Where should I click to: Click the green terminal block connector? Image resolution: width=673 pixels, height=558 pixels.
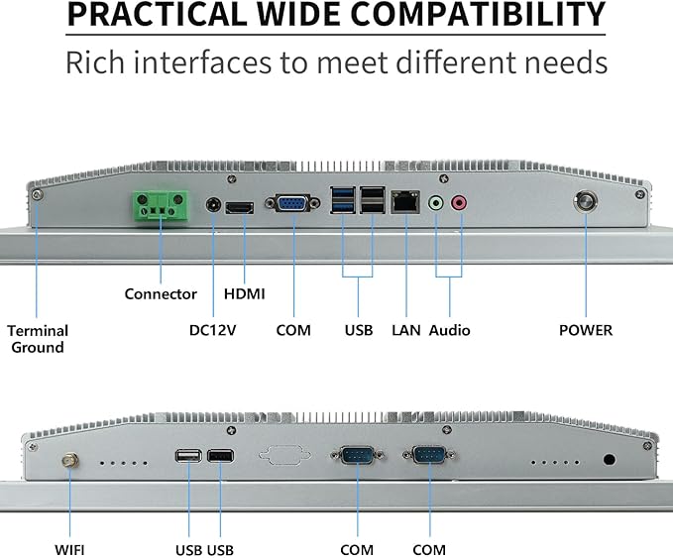click(161, 205)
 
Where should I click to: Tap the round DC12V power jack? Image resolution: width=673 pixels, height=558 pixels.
click(213, 205)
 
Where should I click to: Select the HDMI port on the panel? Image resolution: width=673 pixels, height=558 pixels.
click(240, 208)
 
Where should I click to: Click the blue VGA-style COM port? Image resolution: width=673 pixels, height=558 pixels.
click(292, 203)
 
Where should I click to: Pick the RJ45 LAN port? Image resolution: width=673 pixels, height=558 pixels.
click(405, 202)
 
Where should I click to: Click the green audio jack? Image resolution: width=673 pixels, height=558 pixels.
click(436, 202)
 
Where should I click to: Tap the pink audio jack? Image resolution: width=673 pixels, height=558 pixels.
click(459, 202)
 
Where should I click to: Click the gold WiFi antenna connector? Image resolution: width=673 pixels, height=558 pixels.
click(69, 462)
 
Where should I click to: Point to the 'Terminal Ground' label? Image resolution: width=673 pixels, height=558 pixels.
click(38, 339)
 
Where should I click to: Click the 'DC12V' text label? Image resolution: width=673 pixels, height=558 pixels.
click(212, 330)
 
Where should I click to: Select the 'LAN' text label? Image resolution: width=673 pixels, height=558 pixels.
click(406, 330)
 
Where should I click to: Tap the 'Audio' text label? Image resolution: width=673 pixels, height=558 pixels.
click(449, 330)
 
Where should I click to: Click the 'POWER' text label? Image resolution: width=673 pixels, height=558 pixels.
click(586, 330)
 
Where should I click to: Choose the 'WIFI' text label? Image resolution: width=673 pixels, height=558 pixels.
click(69, 550)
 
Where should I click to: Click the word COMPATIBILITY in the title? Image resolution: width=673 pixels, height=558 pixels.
click(478, 15)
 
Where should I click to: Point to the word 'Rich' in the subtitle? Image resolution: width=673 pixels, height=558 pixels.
click(95, 62)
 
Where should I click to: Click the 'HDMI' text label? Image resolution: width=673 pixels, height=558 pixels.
click(244, 294)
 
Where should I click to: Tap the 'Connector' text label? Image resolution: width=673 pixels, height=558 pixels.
click(161, 294)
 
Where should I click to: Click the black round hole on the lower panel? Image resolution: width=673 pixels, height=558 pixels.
click(609, 460)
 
